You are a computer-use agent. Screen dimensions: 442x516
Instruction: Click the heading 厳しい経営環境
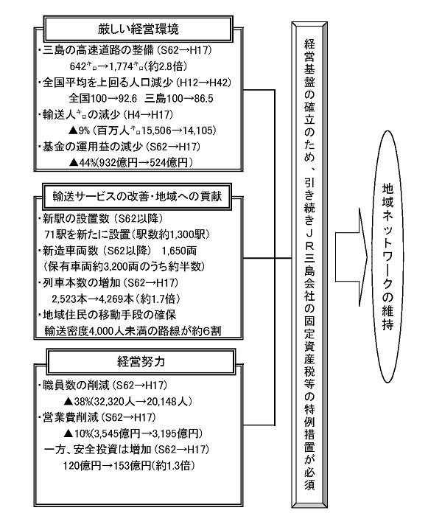coord(138,29)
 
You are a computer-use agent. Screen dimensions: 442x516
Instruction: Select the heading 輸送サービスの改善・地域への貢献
coord(137,197)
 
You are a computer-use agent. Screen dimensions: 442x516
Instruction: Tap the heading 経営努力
coord(141,362)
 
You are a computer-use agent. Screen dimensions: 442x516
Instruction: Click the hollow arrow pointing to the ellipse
coord(351,257)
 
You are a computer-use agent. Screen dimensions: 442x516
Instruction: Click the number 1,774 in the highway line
coord(121,66)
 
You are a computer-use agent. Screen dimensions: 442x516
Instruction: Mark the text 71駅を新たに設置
coord(88,234)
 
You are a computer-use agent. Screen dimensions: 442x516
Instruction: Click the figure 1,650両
coord(179,251)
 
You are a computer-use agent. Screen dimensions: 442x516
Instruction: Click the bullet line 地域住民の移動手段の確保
coord(107,315)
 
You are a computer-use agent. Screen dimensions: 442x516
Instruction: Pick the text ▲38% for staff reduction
coord(77,402)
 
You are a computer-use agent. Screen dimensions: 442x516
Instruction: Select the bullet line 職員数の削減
coord(73,385)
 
